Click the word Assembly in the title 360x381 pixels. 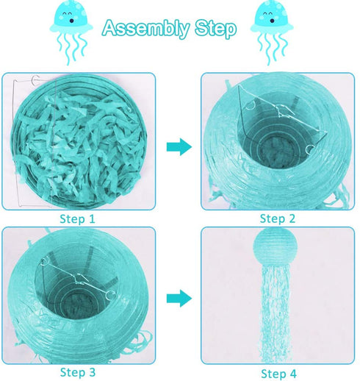[146, 29]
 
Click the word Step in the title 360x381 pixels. [216, 29]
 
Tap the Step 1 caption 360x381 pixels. [77, 218]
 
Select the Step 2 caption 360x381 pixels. [278, 218]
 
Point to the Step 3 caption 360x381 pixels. [78, 372]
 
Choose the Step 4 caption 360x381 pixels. [278, 374]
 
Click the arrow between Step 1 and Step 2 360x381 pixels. [179, 147]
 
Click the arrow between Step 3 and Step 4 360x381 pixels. [179, 299]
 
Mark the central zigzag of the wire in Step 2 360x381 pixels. [284, 110]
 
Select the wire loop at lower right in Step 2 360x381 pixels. [310, 149]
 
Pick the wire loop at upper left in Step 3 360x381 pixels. [45, 261]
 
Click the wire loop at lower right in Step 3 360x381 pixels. [111, 295]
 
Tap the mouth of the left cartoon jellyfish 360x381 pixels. [71, 21]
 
